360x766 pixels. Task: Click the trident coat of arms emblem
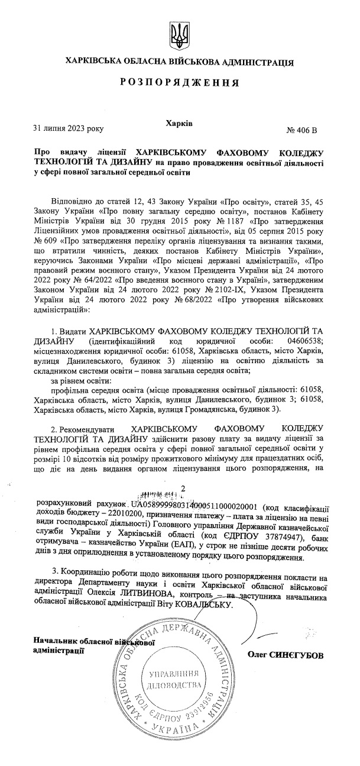pyautogui.click(x=178, y=34)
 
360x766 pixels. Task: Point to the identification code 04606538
pyautogui.click(x=304, y=342)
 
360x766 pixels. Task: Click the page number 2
pyautogui.click(x=183, y=489)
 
